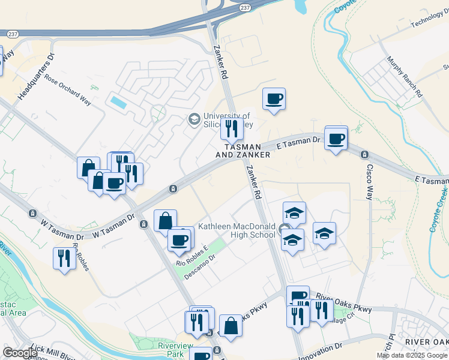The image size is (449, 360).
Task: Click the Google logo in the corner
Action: point(20,353)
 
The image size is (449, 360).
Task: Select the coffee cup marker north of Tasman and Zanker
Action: point(274,99)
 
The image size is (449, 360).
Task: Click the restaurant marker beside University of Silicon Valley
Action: point(231,128)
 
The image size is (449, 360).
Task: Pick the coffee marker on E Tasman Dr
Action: point(336,140)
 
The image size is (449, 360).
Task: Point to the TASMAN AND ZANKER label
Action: point(243,151)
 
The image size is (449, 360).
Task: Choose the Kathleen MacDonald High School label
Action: point(237,230)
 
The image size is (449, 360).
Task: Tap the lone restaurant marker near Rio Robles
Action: point(64,259)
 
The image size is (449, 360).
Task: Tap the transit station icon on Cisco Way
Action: point(364,155)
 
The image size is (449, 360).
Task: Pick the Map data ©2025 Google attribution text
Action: point(411,355)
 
